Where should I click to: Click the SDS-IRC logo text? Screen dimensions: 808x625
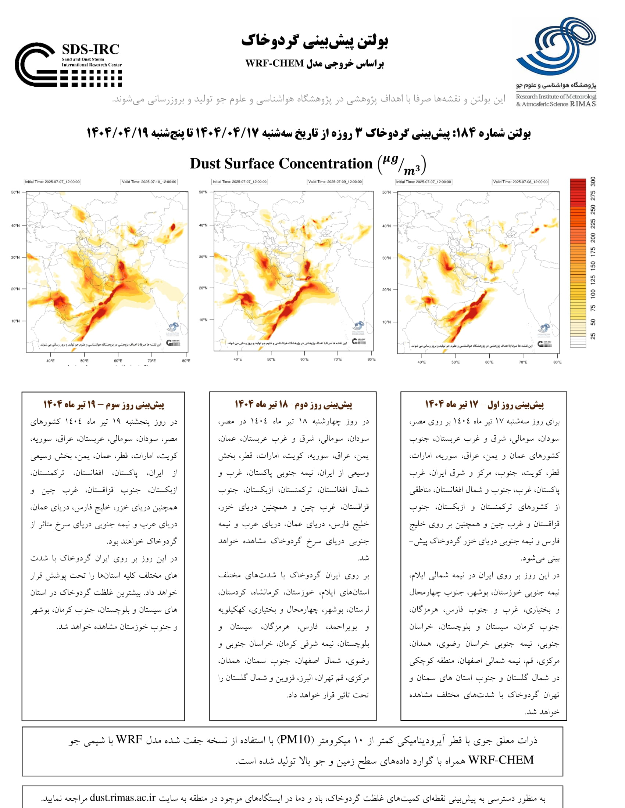(90, 50)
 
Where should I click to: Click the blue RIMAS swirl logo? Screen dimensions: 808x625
(556, 46)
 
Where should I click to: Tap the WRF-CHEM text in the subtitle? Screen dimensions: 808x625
(274, 64)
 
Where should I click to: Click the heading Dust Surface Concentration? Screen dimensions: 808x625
(281, 164)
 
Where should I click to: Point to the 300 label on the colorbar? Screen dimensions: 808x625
(593, 182)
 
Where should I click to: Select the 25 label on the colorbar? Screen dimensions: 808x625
(593, 336)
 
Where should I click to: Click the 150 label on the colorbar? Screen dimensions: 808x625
(593, 265)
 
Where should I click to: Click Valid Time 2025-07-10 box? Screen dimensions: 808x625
(149, 182)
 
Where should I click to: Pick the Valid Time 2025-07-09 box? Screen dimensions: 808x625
(335, 182)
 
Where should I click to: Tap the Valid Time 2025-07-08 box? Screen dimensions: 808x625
(520, 182)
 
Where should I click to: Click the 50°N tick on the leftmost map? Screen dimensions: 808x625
(15, 192)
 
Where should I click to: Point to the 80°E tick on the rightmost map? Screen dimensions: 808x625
(557, 362)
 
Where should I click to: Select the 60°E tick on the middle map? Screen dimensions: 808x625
(304, 359)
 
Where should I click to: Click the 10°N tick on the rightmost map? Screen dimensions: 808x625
(386, 322)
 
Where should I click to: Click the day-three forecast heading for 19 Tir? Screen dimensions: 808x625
(103, 404)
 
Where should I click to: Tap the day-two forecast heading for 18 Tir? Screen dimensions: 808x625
(293, 404)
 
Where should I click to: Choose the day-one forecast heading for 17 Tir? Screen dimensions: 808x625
(484, 404)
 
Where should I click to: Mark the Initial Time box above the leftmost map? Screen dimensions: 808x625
(52, 182)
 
